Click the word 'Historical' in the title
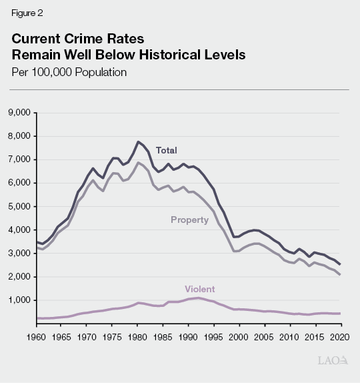point(175,55)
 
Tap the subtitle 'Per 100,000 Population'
point(69,72)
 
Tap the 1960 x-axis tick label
point(37,336)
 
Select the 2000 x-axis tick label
point(238,336)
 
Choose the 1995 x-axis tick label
point(213,336)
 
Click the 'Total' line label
point(166,150)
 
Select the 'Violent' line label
point(199,289)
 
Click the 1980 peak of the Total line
point(137,141)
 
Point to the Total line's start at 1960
point(37,242)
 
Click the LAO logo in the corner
point(333,360)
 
